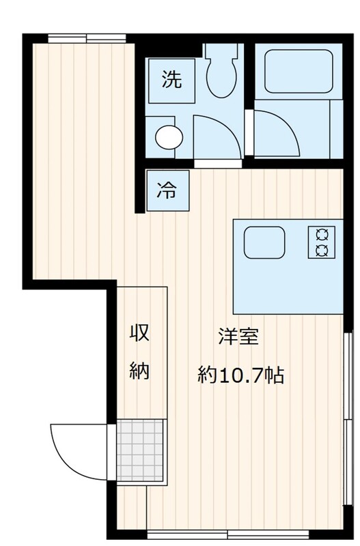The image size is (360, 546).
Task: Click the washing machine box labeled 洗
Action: pos(172,81)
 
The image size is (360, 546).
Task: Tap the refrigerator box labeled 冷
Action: pos(168,190)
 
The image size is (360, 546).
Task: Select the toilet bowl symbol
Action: pos(221,77)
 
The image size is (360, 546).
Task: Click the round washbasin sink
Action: pos(169,137)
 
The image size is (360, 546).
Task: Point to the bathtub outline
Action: pos(299,72)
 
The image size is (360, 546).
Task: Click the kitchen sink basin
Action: pos(264,242)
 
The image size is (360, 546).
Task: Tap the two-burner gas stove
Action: pos(321,242)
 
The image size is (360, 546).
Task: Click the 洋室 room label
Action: pos(238,336)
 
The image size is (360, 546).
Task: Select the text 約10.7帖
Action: pos(240,375)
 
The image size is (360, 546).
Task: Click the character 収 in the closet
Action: pos(139,333)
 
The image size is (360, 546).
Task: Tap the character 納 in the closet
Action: pos(139,371)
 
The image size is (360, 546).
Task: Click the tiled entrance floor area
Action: pos(140,450)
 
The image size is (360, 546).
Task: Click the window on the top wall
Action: pos(87,38)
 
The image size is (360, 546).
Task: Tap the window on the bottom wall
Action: pos(228,534)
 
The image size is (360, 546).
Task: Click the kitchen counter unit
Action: pos(288,266)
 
